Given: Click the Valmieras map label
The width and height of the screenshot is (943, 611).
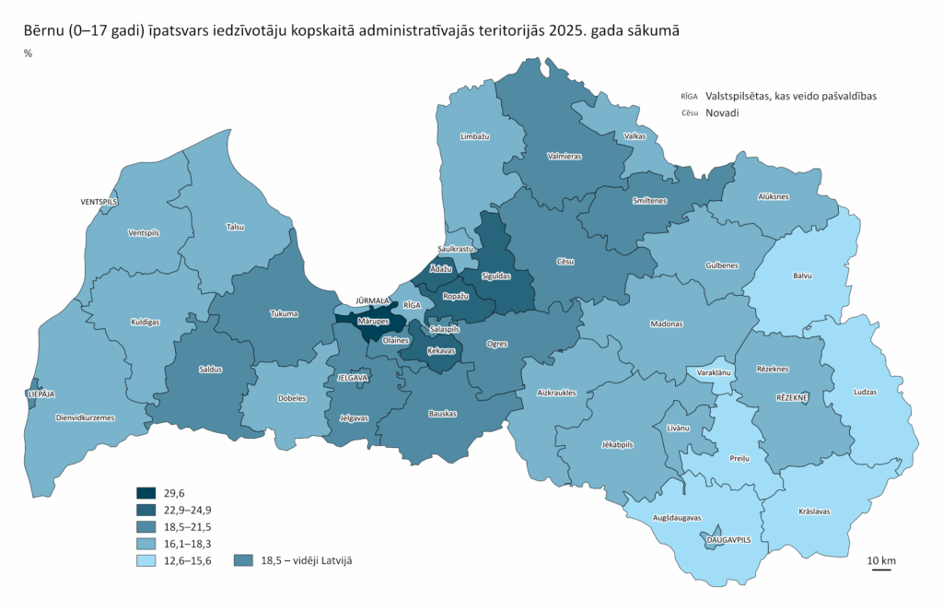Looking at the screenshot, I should point(564,157).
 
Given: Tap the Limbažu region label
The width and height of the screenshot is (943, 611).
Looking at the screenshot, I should point(474,136).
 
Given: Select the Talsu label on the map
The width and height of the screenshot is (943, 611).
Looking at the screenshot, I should point(236,226).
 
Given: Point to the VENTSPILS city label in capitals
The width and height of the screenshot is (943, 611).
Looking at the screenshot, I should point(99,201).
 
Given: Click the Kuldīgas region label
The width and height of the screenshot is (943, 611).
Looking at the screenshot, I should point(145,322).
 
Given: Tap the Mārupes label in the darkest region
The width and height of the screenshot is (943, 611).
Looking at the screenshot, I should point(373,322).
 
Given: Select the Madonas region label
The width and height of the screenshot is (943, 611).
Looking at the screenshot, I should point(666,324).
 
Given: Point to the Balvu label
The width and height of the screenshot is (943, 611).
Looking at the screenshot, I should point(803,275).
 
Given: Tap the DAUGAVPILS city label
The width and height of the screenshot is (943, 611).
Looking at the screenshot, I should point(716,540).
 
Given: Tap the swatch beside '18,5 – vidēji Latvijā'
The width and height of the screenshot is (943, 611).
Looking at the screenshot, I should point(244,559).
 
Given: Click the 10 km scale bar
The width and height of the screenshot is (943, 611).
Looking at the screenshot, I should point(881,570).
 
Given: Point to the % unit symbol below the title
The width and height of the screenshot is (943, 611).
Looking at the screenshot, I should point(28,53).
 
